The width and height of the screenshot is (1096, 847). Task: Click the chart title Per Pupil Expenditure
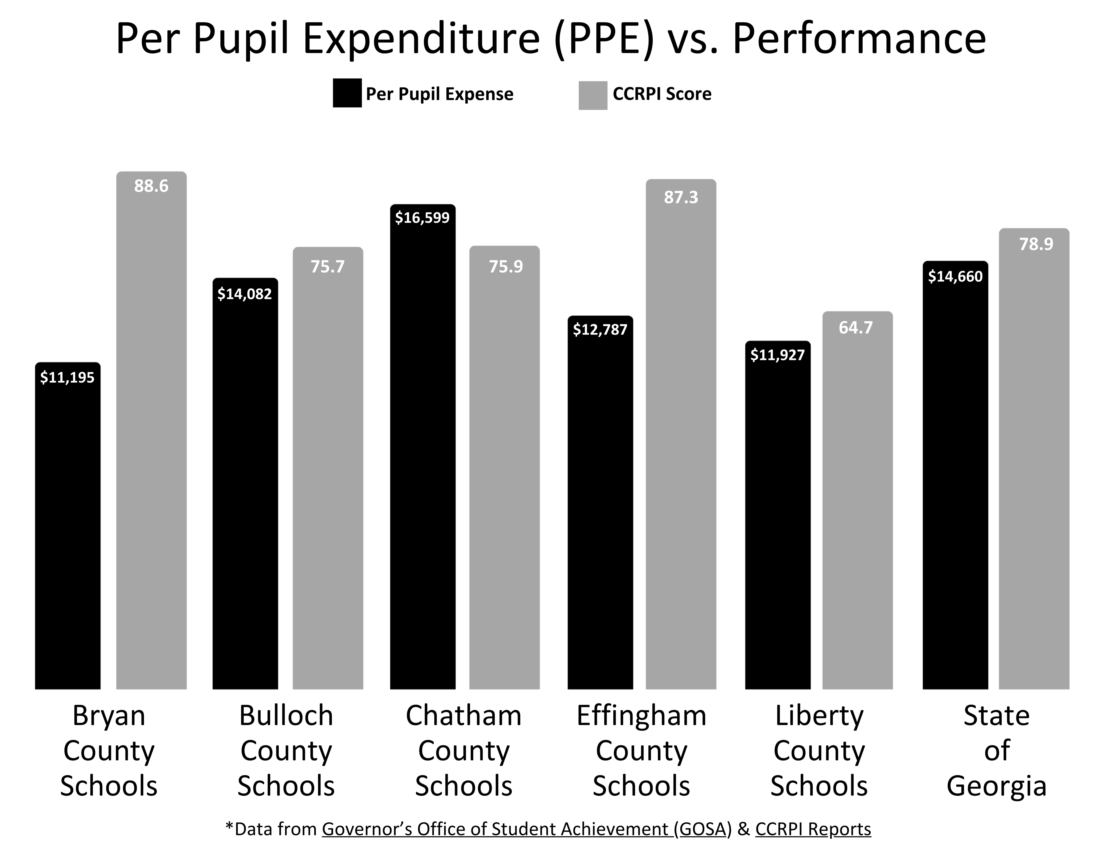coord(550,39)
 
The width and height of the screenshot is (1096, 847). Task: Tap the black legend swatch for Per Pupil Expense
coord(347,93)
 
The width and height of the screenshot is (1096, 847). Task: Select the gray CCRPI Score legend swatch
coord(593,95)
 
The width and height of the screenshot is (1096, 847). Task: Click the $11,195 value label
coord(67,378)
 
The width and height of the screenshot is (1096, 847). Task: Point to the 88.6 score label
coord(151,186)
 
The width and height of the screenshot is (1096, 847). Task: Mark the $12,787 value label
coord(600,330)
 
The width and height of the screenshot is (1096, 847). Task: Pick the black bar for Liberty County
coord(777,522)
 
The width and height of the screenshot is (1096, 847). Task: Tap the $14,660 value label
coord(955,277)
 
